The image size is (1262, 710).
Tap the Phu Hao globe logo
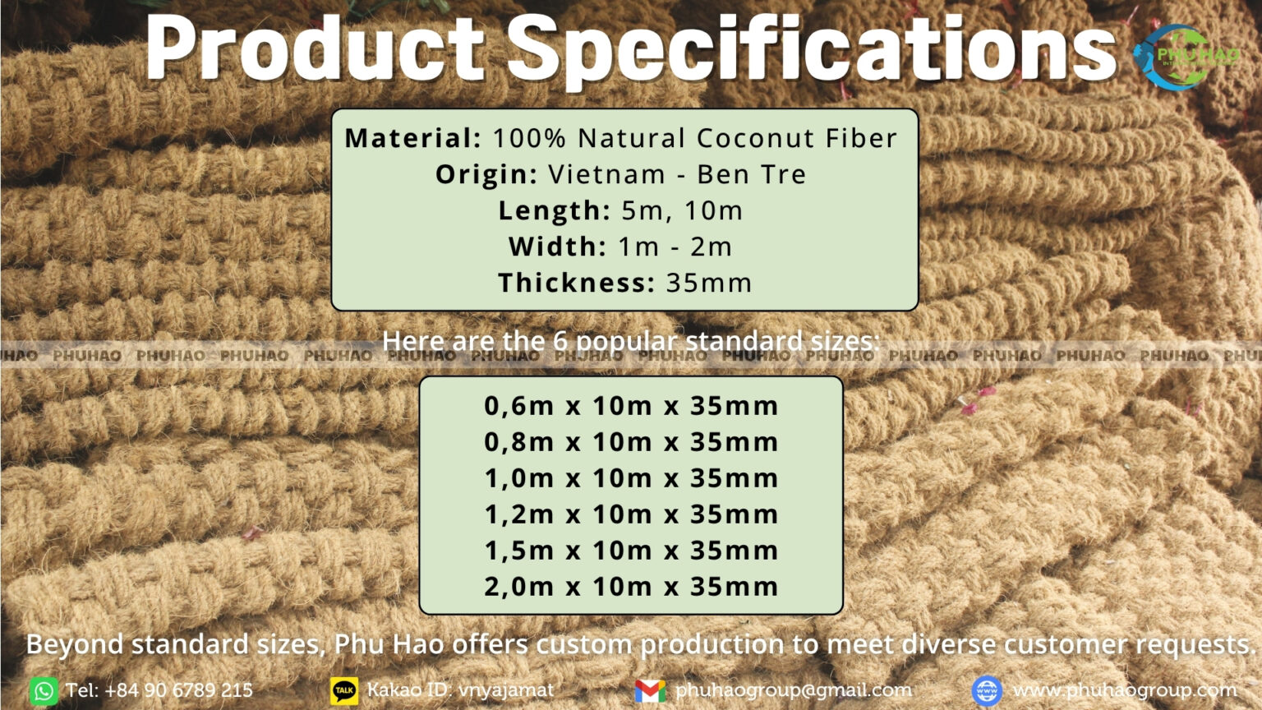point(1175,56)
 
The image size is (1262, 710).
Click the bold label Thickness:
point(576,283)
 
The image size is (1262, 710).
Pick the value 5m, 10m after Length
point(682,210)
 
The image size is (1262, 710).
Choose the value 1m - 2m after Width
point(675,247)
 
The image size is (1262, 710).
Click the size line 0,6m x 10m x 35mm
point(631,405)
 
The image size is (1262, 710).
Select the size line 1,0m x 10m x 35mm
point(631,477)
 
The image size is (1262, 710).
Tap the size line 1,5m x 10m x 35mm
point(631,550)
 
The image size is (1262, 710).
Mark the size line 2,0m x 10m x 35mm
point(631,586)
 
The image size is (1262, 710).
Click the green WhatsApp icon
point(44,690)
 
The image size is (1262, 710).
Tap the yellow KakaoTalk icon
point(344,690)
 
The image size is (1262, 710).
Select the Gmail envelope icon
point(650,690)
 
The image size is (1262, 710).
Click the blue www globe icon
point(987,690)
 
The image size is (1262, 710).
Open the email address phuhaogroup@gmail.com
point(794,690)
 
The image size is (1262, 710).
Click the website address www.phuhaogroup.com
point(1124,690)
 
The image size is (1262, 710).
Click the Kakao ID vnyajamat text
point(505,690)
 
